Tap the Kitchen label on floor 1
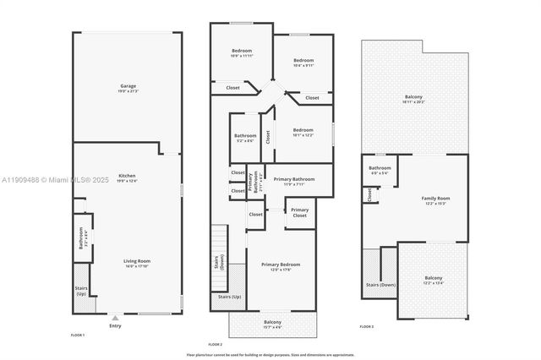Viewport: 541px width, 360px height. pos(128,178)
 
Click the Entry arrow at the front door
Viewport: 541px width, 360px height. pos(115,319)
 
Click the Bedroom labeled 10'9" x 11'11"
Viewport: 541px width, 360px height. pos(241,53)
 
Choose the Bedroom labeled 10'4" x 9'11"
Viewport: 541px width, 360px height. pos(303,63)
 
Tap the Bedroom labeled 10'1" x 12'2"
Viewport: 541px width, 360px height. pos(302,132)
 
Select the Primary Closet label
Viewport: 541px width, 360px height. pos(299,213)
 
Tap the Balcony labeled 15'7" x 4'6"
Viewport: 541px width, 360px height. pos(272,324)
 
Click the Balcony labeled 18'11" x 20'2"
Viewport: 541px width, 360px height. pos(413,100)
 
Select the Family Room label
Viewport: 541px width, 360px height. pos(436,201)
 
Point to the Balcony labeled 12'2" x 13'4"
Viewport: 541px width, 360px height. pos(433,281)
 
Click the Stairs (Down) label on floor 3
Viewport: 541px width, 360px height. pos(380,286)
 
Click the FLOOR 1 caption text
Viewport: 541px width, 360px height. pos(78,335)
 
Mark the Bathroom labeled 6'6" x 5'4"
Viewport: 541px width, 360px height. pos(380,170)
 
